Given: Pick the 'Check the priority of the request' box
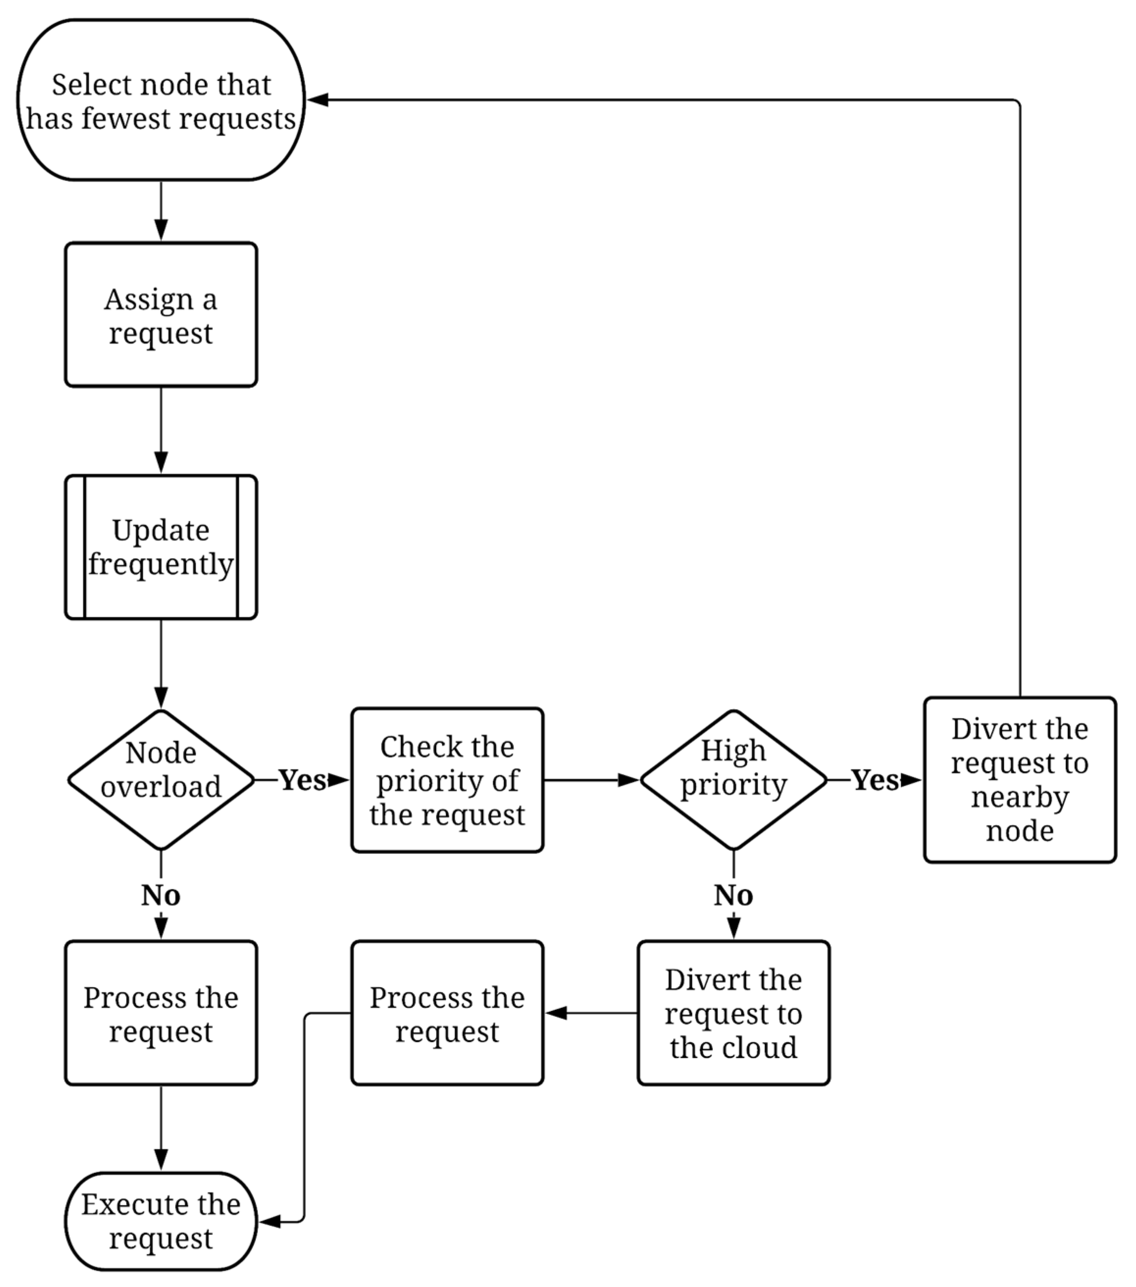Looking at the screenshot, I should (x=447, y=779).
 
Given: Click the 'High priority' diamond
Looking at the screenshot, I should (x=733, y=779).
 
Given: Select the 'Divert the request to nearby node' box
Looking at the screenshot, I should (x=1020, y=779).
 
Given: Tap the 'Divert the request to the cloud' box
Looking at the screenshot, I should (x=733, y=1013).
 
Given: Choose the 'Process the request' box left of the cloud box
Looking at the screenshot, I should (x=447, y=1013).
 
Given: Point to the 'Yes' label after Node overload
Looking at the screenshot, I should (x=302, y=779).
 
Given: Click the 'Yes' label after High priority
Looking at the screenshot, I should (x=875, y=779).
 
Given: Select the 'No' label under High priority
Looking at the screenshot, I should (x=733, y=896).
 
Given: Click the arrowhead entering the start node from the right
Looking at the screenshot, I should (x=318, y=100).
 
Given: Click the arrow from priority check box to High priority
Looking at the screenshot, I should (x=592, y=779).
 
